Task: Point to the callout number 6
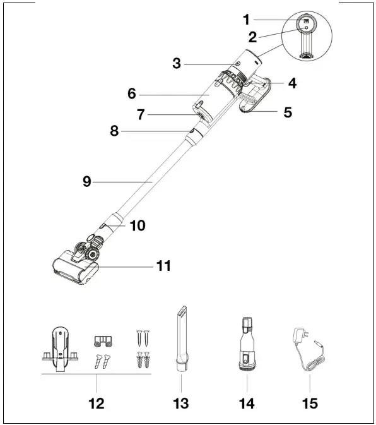[x=131, y=93]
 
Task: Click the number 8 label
[x=114, y=131]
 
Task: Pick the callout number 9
[x=88, y=181]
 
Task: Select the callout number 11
[x=163, y=266]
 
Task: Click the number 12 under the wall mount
[x=96, y=402]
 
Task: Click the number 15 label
[x=309, y=402]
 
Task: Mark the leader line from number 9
[x=126, y=181]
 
